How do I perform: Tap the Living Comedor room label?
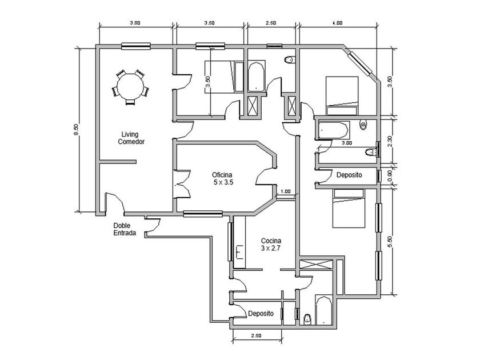click(x=131, y=138)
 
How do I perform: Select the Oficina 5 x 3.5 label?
click(x=222, y=178)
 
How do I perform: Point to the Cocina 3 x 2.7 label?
click(x=271, y=245)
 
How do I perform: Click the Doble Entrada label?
click(x=125, y=229)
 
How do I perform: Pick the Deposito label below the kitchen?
click(x=261, y=314)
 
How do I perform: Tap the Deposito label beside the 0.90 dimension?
click(x=349, y=175)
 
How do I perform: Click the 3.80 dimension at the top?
click(x=135, y=23)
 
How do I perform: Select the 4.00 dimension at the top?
click(x=337, y=23)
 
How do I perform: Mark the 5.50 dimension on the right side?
click(x=390, y=241)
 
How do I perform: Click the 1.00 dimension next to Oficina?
click(x=285, y=191)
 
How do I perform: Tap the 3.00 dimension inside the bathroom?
click(x=347, y=143)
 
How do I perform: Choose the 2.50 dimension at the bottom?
click(x=256, y=335)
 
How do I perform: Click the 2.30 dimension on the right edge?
click(x=390, y=141)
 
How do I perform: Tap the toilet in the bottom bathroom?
click(x=307, y=319)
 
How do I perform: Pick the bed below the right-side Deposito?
click(x=349, y=209)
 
